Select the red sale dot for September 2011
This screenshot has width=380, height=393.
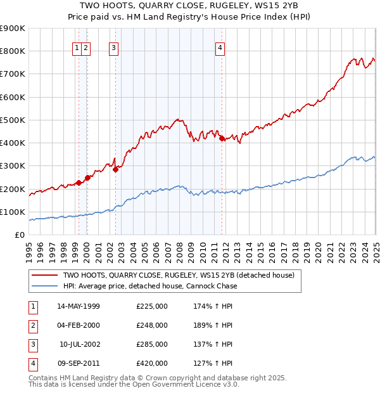[x=222, y=139]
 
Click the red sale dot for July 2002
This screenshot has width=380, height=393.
[x=116, y=169]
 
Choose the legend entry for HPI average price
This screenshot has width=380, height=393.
[x=149, y=286]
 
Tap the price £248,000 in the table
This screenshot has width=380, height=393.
[x=152, y=325]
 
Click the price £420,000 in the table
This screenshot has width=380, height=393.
[x=152, y=363]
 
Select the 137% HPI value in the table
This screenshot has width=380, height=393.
[x=210, y=344]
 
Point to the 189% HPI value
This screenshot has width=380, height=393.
[x=210, y=325]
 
